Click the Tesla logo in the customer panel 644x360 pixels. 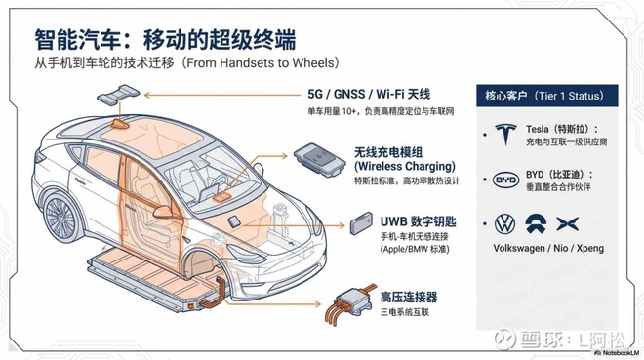point(505,134)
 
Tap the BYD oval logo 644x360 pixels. point(505,180)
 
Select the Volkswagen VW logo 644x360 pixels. point(504,224)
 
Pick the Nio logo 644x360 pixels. point(537,223)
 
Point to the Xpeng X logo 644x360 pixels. point(568,223)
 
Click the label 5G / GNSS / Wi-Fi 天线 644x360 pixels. point(369,94)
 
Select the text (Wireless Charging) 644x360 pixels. point(405,166)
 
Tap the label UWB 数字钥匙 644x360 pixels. point(418,221)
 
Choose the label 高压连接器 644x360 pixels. point(409,297)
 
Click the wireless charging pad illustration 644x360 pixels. point(319,159)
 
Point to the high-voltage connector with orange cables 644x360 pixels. point(350,303)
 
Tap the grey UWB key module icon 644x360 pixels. point(361,223)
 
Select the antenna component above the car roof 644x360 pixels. point(118,95)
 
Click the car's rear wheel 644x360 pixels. point(60,217)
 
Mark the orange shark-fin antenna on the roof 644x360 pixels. point(120,124)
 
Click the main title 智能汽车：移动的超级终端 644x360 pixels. point(165,39)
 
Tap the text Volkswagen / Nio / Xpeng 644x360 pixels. point(548,248)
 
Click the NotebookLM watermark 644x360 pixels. point(618,353)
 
